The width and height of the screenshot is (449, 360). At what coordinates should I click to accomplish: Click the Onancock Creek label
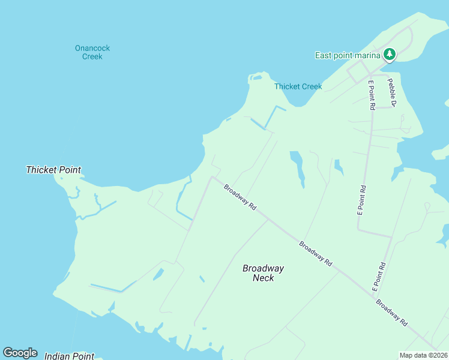(x=92, y=52)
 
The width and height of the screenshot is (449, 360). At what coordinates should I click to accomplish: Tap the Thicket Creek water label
(x=298, y=86)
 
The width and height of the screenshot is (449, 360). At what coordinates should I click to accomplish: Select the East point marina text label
(x=348, y=56)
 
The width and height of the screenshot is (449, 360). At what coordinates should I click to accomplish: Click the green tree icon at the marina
(x=390, y=55)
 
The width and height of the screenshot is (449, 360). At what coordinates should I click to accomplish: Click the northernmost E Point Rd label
(x=372, y=95)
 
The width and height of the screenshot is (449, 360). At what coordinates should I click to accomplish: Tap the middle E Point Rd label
(x=361, y=200)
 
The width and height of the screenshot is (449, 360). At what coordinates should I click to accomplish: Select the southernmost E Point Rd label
(x=378, y=277)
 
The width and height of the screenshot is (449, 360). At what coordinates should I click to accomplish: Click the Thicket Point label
(x=53, y=170)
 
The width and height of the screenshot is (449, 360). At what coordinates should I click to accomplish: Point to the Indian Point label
(x=69, y=356)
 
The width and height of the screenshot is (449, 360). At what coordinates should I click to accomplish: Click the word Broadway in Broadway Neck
(x=263, y=268)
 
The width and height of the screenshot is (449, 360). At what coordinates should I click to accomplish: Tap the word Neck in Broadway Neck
(x=263, y=278)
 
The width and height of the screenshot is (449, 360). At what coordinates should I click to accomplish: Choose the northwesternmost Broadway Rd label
(x=240, y=197)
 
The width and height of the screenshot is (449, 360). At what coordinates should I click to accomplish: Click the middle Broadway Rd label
(x=316, y=254)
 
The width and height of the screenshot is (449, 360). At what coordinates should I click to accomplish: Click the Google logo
(x=20, y=352)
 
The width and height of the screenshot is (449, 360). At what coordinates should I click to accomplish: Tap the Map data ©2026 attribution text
(x=423, y=355)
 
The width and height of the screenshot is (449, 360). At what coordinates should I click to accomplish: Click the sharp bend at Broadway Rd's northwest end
(x=211, y=177)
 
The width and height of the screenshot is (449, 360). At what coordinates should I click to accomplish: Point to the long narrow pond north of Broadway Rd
(x=298, y=167)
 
